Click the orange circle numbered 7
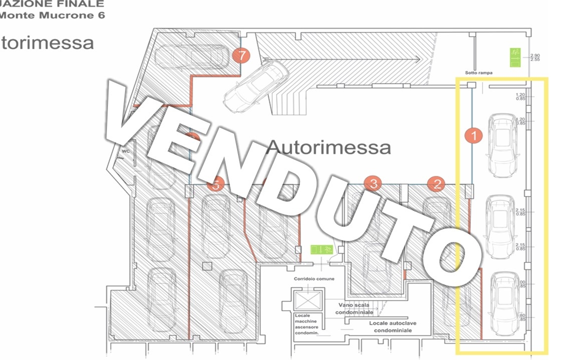242,56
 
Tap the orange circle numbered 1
473,135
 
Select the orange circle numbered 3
373,183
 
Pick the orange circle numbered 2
437,183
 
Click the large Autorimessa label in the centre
328,147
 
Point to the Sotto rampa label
478,73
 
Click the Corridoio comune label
314,278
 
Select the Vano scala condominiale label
354,308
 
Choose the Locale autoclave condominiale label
393,327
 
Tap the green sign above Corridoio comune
321,249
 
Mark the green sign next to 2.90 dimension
515,56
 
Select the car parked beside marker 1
501,145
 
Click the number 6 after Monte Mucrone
101,15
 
